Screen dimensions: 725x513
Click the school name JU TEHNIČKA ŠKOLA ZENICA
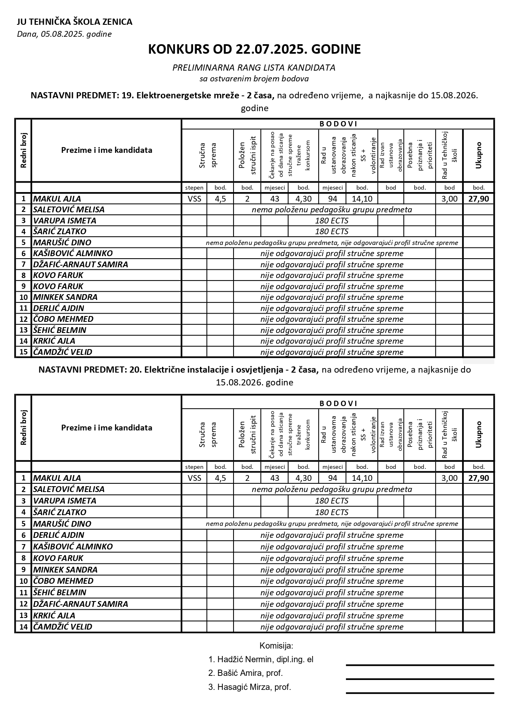pos(74,22)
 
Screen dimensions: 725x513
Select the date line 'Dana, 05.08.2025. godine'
pos(64,34)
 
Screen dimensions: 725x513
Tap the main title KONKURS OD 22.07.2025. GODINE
pos(254,50)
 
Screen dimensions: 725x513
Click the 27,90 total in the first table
pos(478,199)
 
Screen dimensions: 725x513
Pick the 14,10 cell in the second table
pos(362,478)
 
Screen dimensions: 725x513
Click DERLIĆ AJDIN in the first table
pos(59,308)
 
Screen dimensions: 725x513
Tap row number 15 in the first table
pos(24,352)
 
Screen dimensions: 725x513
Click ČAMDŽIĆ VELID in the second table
pos(62,627)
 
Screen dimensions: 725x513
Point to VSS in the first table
pos(194,199)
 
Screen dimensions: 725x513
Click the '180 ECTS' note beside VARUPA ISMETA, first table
pos(332,221)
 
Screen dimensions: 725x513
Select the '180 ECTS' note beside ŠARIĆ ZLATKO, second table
pos(332,512)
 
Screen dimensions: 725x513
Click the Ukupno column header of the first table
pos(478,155)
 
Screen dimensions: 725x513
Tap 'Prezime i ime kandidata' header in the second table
pos(107,428)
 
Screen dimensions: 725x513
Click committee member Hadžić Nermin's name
pos(261,659)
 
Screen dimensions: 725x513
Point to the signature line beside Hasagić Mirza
pos(420,693)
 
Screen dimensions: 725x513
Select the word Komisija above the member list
pos(276,646)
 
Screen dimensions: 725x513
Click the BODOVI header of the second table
pos(338,403)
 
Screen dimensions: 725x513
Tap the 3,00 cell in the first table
pos(449,199)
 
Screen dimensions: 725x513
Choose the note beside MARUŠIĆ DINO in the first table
pos(332,243)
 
